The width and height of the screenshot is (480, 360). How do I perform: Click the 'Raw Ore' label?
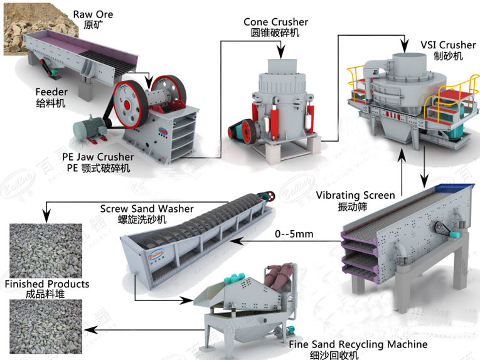point(93,14)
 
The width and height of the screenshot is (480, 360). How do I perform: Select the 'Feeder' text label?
point(51,92)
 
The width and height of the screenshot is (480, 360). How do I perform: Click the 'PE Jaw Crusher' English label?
point(98,157)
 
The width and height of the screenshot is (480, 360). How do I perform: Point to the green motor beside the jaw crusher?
point(89,129)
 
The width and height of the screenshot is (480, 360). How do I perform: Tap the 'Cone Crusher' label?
point(276,22)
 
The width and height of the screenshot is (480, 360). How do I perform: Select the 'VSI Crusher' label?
point(448,45)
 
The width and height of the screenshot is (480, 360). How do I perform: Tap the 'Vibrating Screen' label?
point(355,195)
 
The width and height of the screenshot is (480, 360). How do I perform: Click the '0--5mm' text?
point(294,234)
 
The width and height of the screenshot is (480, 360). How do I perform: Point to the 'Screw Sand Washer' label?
point(147,209)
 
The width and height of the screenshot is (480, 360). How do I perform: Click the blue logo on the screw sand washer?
point(156,254)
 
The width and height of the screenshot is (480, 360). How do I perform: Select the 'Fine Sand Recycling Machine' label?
point(358,344)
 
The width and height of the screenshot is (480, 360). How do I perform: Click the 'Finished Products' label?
point(47,284)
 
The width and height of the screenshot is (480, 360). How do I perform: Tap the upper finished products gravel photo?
point(46,251)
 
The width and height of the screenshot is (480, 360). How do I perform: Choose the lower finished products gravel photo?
point(46,326)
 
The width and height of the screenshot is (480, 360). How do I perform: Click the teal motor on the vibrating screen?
point(455,235)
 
